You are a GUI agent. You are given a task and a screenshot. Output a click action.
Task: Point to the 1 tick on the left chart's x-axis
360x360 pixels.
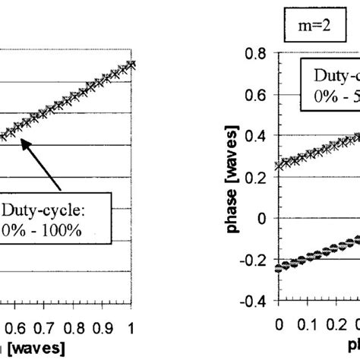pyautogui.click(x=132, y=324)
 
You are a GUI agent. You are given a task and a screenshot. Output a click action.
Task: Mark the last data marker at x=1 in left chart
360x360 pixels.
pyautogui.click(x=132, y=65)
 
